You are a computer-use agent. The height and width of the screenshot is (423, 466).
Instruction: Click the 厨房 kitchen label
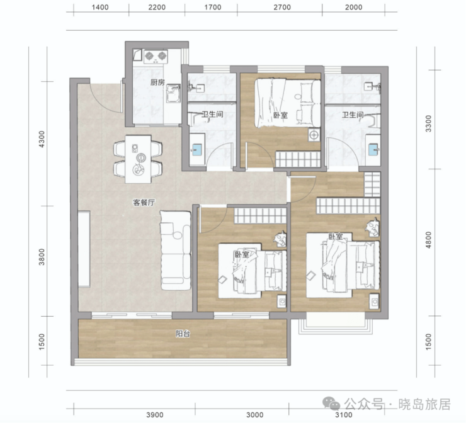coord(157,82)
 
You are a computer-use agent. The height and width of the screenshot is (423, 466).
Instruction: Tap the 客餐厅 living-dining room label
coord(144,203)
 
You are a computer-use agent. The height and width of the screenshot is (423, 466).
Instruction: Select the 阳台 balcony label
coord(183,334)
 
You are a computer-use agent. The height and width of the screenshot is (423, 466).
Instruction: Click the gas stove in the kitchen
coord(156,57)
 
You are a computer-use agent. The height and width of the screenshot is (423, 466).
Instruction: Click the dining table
coord(138,159)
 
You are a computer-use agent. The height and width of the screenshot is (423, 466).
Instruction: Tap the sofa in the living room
coord(175,251)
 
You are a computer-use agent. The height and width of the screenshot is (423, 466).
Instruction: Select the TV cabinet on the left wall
coord(84,249)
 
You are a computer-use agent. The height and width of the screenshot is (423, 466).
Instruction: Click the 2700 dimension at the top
coord(282,7)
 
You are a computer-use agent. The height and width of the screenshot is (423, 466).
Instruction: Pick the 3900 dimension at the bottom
coord(155,415)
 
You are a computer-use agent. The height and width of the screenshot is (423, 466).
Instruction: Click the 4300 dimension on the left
coord(42,139)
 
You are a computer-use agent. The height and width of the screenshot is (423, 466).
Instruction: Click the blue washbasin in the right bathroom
coord(373,149)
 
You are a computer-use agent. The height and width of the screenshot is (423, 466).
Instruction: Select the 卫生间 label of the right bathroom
coord(353,115)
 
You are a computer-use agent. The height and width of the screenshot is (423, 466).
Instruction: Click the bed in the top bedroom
coord(288,103)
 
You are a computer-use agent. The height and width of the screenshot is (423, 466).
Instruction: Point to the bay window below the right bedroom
coord(336,326)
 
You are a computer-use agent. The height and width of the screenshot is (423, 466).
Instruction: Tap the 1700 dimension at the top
coord(213,7)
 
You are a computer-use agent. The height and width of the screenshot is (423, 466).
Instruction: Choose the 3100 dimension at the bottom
coord(344,415)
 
